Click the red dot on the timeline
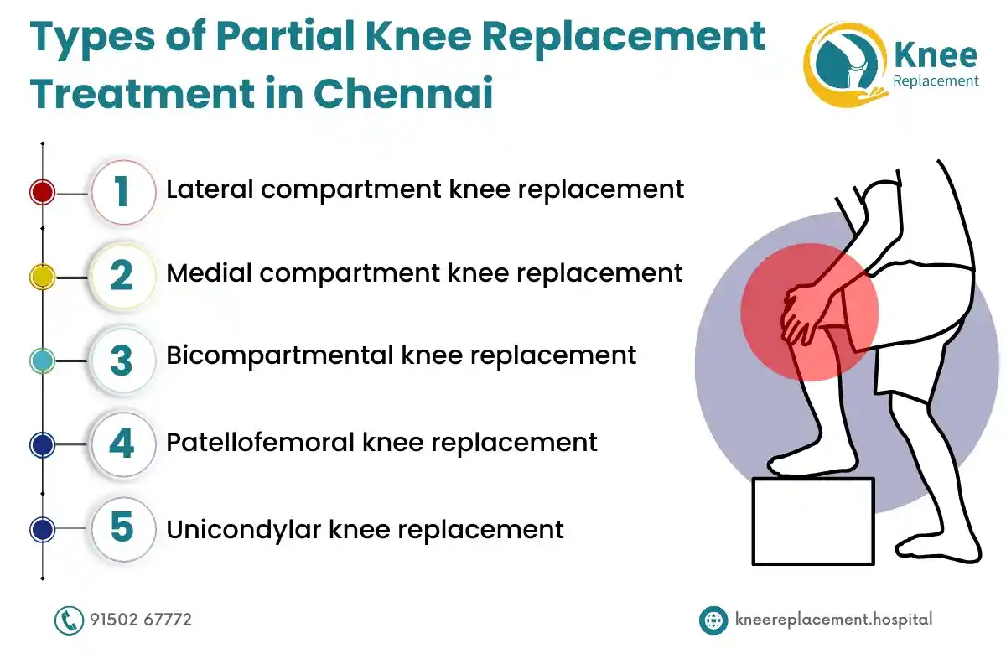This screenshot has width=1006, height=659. pyautogui.click(x=42, y=192)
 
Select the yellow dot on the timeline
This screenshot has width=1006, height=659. pyautogui.click(x=42, y=277)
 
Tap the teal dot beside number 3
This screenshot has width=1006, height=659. pyautogui.click(x=42, y=361)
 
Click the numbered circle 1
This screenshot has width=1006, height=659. pyautogui.click(x=123, y=192)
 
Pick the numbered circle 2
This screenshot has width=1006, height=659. pyautogui.click(x=123, y=277)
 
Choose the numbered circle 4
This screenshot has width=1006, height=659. pyautogui.click(x=123, y=444)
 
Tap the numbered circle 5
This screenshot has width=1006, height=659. pyautogui.click(x=123, y=529)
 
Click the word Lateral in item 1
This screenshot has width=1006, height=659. pyautogui.click(x=210, y=189)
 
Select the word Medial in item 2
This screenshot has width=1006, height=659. pyautogui.click(x=210, y=272)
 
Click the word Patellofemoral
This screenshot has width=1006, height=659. pyautogui.click(x=261, y=443)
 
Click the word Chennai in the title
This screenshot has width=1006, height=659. pyautogui.click(x=403, y=93)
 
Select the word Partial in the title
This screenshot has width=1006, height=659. pyautogui.click(x=286, y=36)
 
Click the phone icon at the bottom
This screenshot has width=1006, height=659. pyautogui.click(x=69, y=620)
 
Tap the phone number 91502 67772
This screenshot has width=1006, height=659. pyautogui.click(x=141, y=620)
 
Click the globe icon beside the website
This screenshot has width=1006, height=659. pyautogui.click(x=713, y=620)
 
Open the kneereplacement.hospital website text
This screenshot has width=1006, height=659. pyautogui.click(x=833, y=620)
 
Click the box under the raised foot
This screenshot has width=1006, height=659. pyautogui.click(x=813, y=521)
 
